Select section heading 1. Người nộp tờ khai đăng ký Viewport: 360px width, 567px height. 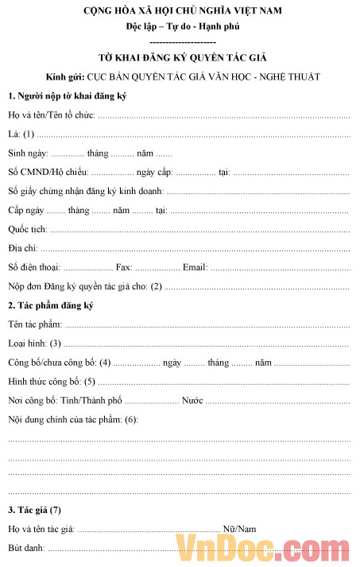(68, 96)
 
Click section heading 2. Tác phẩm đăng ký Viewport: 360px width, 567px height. (51, 305)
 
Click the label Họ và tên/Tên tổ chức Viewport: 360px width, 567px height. (52, 115)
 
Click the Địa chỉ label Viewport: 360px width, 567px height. (23, 248)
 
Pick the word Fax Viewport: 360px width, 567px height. (124, 267)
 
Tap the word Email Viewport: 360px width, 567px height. (195, 267)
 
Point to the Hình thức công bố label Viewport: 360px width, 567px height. (44, 382)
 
